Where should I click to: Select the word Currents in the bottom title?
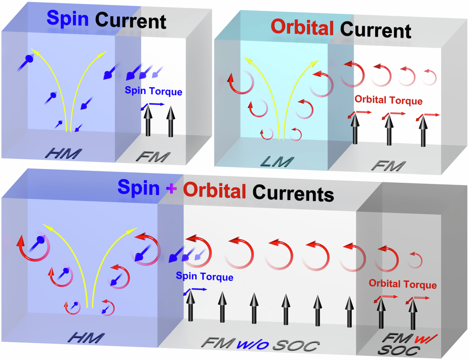[x=291, y=192]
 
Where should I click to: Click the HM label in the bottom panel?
[x=86, y=338]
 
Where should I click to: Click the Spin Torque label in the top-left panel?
[x=153, y=91]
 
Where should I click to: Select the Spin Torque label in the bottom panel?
[x=204, y=278]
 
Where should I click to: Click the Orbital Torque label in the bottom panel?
[x=402, y=285]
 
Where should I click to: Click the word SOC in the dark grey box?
[x=399, y=352]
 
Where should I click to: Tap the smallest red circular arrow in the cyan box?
[x=267, y=134]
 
